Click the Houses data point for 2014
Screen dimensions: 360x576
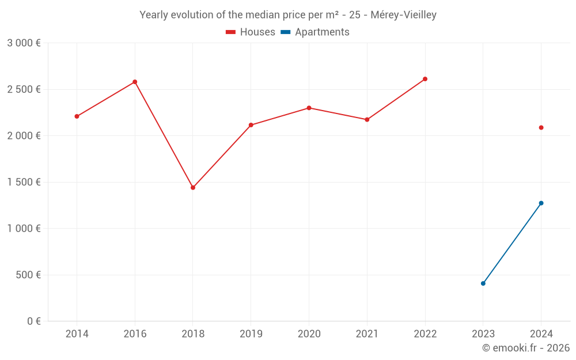(77, 116)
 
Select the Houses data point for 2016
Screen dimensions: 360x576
(135, 82)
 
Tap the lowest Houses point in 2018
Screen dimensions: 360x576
(193, 188)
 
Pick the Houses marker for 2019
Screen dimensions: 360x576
(251, 125)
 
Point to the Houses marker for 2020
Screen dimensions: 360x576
(309, 108)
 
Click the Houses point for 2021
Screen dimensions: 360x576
(367, 120)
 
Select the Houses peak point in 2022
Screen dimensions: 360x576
(425, 79)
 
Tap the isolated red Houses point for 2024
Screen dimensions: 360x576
(541, 127)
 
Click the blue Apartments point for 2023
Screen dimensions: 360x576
(483, 283)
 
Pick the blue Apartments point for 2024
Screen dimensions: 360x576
(541, 203)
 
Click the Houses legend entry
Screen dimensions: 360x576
(251, 32)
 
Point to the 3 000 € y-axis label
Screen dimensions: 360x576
(24, 43)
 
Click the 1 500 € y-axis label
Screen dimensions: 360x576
(24, 182)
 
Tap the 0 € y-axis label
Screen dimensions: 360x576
(33, 321)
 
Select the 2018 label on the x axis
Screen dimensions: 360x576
(193, 334)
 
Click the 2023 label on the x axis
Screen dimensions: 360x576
(483, 334)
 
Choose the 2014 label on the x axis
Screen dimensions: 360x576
(77, 334)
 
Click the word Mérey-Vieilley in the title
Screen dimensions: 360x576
(404, 15)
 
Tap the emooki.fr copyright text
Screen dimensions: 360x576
(526, 348)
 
